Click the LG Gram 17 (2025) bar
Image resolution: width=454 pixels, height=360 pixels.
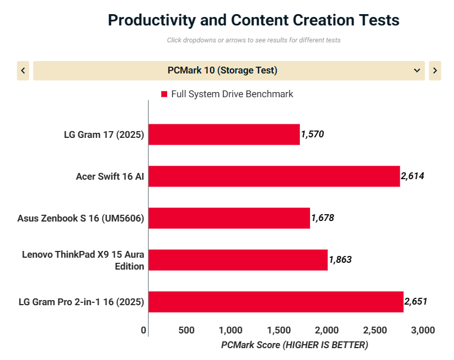[224, 135]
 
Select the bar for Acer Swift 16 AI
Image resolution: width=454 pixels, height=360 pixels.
[274, 176]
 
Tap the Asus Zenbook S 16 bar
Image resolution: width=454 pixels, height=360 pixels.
[229, 218]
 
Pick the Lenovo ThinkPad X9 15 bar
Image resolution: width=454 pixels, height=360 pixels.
[238, 260]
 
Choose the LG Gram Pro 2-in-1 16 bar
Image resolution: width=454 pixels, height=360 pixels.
[276, 302]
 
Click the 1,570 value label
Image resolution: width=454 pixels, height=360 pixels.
[312, 135]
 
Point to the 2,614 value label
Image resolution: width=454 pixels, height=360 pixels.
[412, 176]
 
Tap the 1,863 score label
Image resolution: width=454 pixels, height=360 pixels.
[340, 260]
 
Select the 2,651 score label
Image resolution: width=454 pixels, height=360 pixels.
[416, 302]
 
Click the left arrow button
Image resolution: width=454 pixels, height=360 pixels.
[23, 71]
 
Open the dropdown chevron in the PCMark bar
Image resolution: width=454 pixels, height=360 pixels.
[417, 71]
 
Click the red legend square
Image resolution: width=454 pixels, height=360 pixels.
[164, 94]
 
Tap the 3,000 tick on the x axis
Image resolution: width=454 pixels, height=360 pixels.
[422, 330]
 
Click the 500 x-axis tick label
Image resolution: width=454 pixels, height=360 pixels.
[186, 330]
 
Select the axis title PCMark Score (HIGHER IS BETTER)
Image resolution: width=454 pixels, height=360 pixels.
[294, 345]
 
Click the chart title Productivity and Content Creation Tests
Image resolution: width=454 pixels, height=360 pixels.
[254, 20]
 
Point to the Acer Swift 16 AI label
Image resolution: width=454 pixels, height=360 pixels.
[110, 176]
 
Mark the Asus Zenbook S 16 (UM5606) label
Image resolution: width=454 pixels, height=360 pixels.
[81, 218]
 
